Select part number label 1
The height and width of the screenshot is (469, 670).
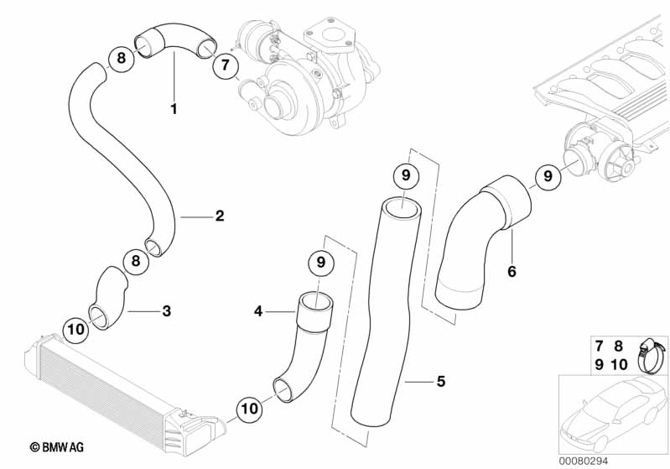[x=174, y=108]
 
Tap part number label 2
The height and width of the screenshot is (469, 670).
[x=220, y=216]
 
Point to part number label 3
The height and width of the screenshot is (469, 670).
[x=166, y=311]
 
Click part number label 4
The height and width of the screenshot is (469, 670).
[x=259, y=311]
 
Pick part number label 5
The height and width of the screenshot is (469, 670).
[x=440, y=382]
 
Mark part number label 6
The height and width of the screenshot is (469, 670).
[x=512, y=272]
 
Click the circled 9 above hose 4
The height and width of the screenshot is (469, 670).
[x=320, y=263]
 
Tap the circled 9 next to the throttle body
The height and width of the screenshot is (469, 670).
[x=548, y=177]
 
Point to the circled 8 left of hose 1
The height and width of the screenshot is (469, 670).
[x=122, y=58]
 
